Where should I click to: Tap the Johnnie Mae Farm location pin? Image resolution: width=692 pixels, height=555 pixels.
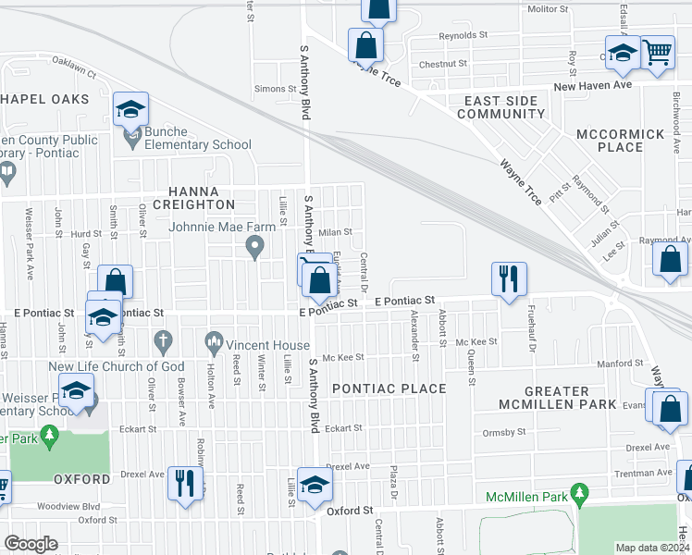point(256,247)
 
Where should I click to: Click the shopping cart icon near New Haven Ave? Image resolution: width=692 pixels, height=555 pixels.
point(657,54)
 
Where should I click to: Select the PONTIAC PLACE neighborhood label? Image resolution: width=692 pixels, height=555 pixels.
point(389,388)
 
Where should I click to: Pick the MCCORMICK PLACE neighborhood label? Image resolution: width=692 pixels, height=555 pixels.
point(620,141)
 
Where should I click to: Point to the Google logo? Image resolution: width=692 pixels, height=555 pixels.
point(31,544)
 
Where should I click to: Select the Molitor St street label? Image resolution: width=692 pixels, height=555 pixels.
point(547,9)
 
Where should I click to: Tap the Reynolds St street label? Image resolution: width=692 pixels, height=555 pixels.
point(463,35)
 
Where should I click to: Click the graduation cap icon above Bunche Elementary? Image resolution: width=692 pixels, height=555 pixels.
point(131,110)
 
